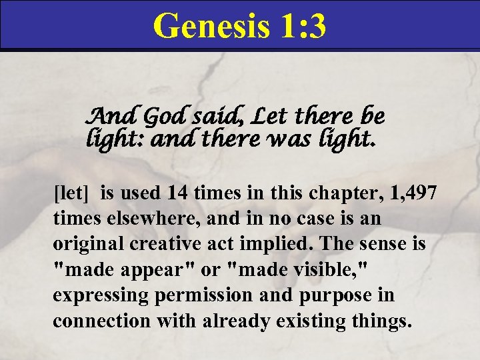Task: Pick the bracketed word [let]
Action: click(73, 194)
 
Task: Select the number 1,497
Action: click(411, 194)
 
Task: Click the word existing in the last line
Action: click(319, 321)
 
